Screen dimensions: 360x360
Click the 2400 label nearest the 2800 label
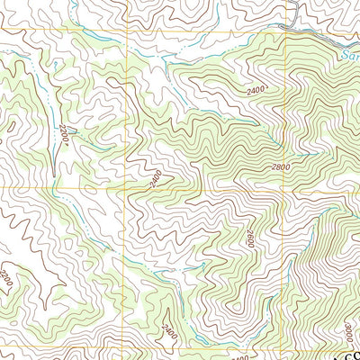[256, 91]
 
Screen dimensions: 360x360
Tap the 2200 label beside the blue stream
[64, 135]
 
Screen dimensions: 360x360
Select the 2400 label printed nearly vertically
[167, 335]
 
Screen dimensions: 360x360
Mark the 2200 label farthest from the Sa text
[6, 275]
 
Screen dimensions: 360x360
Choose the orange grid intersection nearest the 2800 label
[286, 189]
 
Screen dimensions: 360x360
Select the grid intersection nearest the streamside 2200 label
[126, 189]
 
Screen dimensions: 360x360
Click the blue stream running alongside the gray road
[315, 36]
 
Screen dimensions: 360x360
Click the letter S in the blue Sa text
[346, 56]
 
